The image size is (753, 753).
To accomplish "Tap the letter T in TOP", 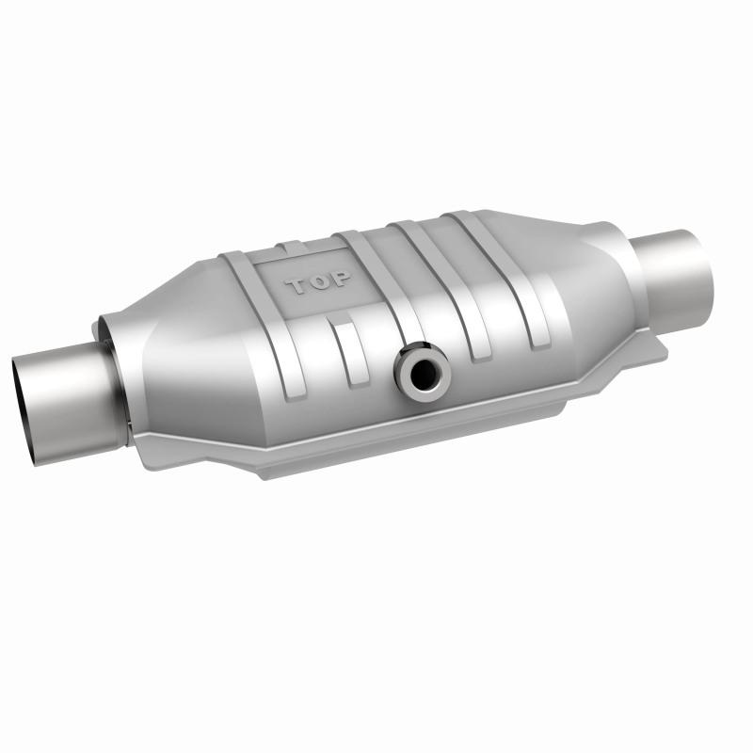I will [298, 286].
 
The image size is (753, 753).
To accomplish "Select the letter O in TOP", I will [319, 282].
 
